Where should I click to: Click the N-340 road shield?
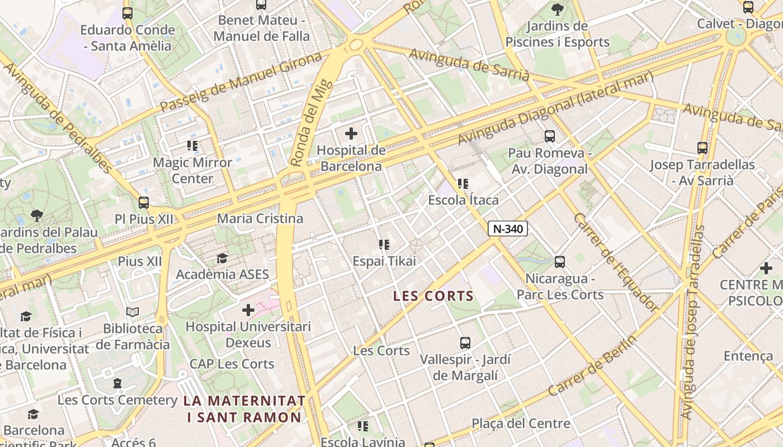(x=508, y=228)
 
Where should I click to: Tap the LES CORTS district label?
(x=433, y=296)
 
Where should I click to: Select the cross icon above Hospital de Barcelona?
(x=351, y=134)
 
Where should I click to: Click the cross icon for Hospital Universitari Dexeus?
(x=248, y=310)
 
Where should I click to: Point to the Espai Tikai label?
(x=384, y=261)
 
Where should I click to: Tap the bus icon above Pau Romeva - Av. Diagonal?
(x=550, y=136)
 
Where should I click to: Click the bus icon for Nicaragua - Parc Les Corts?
(x=560, y=261)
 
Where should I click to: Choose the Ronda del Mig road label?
(x=312, y=123)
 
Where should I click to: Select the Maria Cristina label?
(x=260, y=218)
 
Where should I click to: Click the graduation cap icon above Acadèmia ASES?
(x=222, y=258)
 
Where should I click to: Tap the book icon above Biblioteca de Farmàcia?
(x=133, y=312)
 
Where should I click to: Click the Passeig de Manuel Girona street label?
(x=241, y=82)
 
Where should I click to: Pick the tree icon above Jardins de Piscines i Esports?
(x=557, y=9)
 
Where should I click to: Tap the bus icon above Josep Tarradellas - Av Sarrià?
(x=702, y=148)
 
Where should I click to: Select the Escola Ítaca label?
(x=463, y=200)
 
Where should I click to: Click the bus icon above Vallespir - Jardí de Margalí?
(x=465, y=343)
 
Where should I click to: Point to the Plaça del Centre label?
(x=521, y=424)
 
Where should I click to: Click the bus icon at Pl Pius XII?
(x=144, y=202)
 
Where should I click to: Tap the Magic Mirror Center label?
(x=192, y=170)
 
